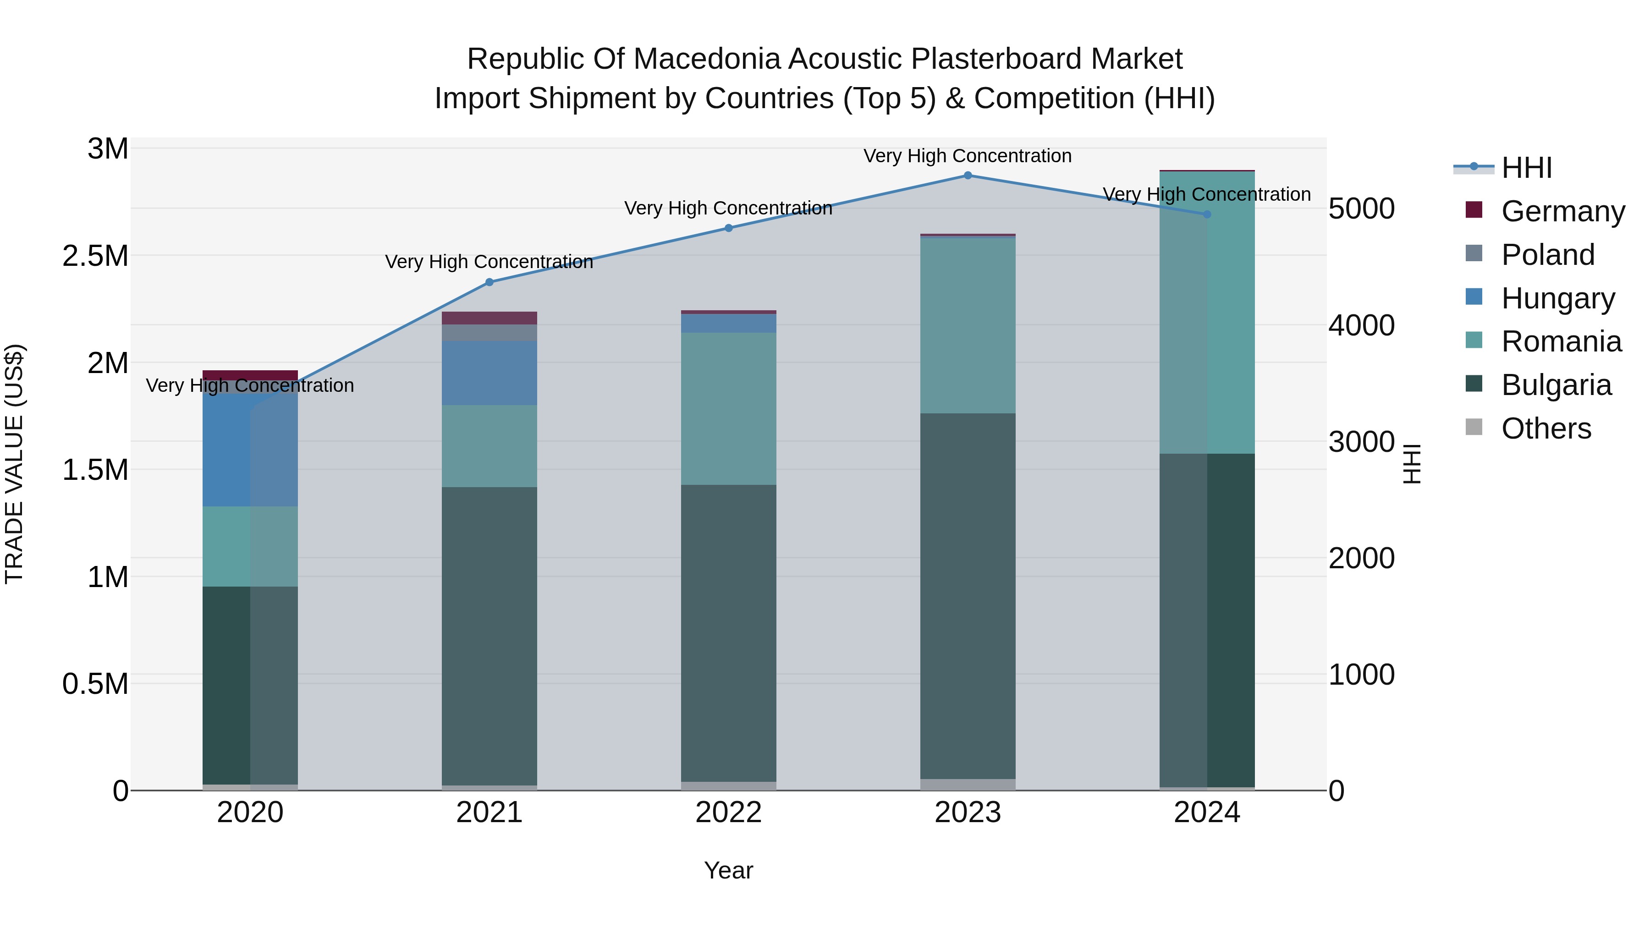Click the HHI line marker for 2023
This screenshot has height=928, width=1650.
pyautogui.click(x=968, y=176)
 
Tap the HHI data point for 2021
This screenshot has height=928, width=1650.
pyautogui.click(x=489, y=282)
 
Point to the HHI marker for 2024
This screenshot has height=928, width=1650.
pyautogui.click(x=1207, y=214)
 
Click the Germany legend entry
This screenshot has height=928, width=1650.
pyautogui.click(x=1562, y=211)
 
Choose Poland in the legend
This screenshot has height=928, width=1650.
pyautogui.click(x=1547, y=255)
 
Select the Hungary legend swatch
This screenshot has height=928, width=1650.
pyautogui.click(x=1474, y=297)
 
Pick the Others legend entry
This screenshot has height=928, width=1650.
pyautogui.click(x=1545, y=428)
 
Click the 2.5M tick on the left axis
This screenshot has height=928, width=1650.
pyautogui.click(x=95, y=256)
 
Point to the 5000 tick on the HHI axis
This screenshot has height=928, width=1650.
pyautogui.click(x=1361, y=209)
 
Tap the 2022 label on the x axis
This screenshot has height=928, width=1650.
pyautogui.click(x=728, y=813)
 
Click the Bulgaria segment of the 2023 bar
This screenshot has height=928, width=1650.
pyautogui.click(x=968, y=596)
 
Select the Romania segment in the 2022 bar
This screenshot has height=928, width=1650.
pyautogui.click(x=728, y=409)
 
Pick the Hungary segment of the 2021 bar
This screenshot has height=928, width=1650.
pyautogui.click(x=489, y=373)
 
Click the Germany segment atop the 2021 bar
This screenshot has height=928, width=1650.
pyautogui.click(x=489, y=318)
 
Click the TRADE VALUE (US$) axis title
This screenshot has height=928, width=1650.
pyautogui.click(x=14, y=464)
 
